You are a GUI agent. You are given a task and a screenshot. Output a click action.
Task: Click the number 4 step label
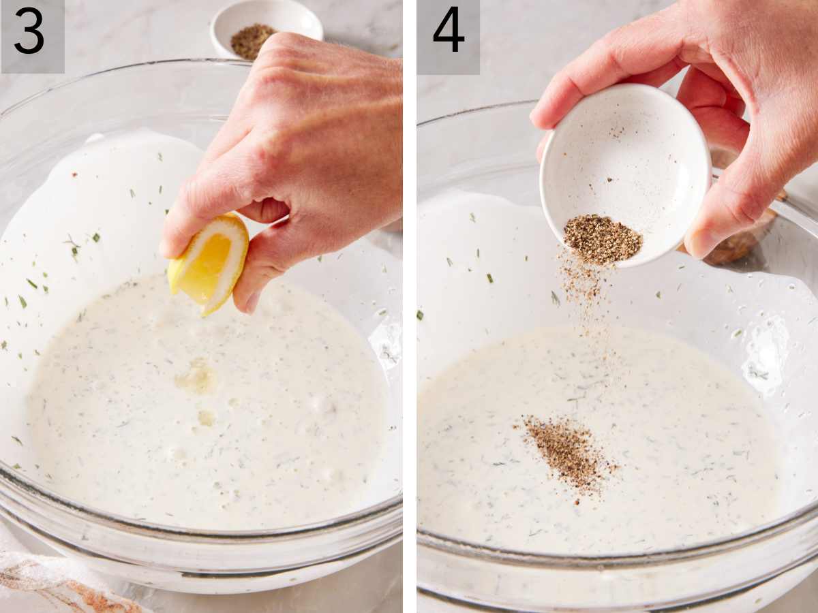pos(448,32)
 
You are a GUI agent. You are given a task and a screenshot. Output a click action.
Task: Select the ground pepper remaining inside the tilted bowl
pos(601,238)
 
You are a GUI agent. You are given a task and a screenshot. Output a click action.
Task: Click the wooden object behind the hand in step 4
pos(743,238)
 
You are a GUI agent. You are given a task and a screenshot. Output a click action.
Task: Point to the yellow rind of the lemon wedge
pos(235,272)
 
